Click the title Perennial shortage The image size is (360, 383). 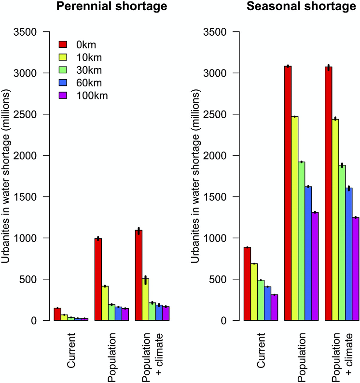click(111, 7)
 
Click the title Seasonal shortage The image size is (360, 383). click(302, 7)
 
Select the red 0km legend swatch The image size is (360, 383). click(63, 45)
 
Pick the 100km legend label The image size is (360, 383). click(92, 96)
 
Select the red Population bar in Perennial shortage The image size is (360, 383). click(98, 279)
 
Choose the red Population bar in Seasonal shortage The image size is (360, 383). click(288, 193)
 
